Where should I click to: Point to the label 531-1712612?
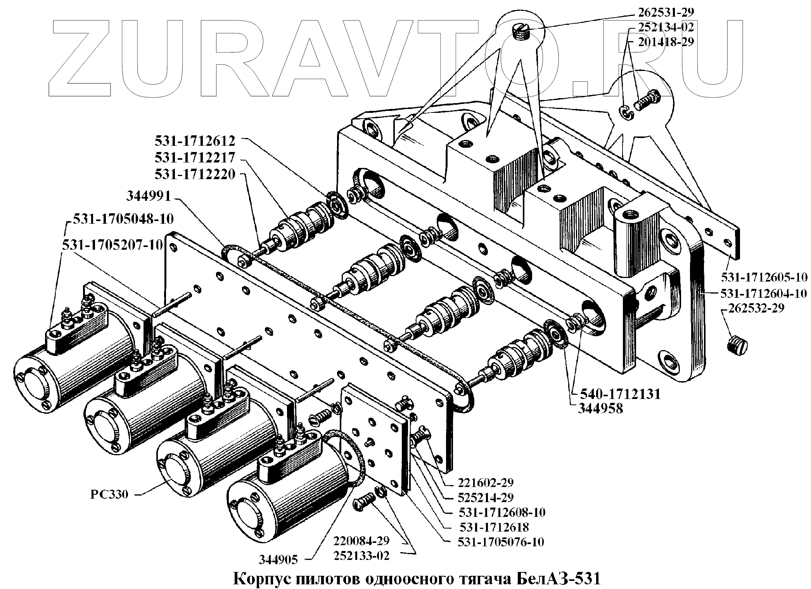195,140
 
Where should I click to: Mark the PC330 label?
109,495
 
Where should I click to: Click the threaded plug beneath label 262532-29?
737,344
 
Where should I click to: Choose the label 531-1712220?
195,174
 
